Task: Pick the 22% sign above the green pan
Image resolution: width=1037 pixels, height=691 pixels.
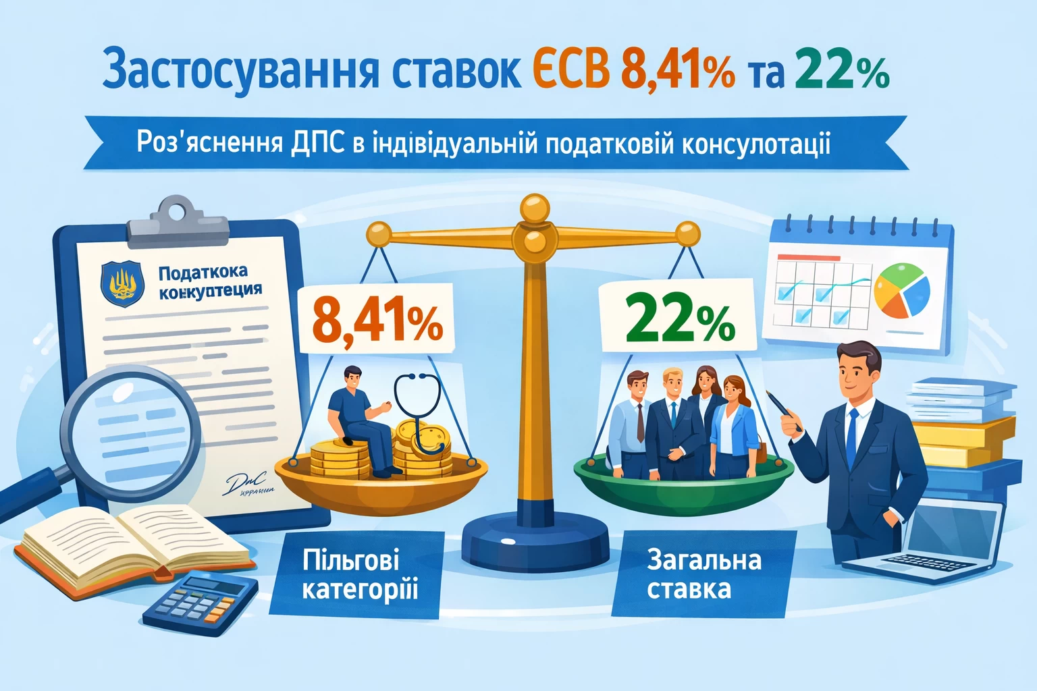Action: (679, 319)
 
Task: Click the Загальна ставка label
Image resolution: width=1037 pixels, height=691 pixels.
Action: (703, 574)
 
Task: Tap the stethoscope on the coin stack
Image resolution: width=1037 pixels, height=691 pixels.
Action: (419, 412)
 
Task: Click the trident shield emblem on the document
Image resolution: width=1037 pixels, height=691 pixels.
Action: (122, 283)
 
